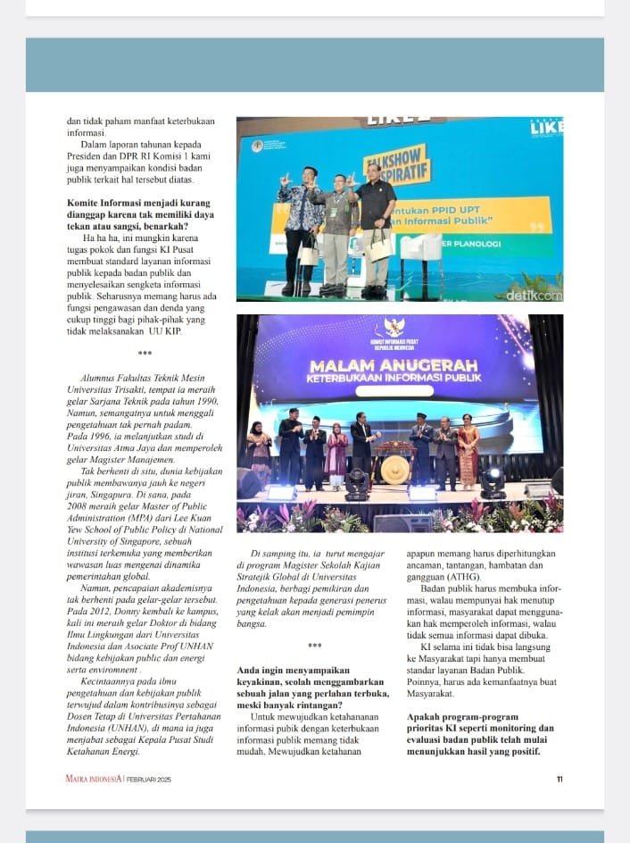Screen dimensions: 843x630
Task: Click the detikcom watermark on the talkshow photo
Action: (x=534, y=293)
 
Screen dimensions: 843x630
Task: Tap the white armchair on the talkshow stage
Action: (x=419, y=254)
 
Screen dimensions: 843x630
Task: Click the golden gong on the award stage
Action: (x=394, y=468)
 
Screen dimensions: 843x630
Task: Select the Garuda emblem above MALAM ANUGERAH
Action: (x=393, y=328)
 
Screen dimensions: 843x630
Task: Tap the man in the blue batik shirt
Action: (x=301, y=223)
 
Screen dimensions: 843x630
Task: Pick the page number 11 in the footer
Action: (x=560, y=780)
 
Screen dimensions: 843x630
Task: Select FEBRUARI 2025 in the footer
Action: (x=147, y=780)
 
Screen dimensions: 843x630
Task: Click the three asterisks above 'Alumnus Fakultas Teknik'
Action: (x=145, y=354)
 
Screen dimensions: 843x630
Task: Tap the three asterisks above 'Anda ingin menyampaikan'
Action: (x=314, y=646)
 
